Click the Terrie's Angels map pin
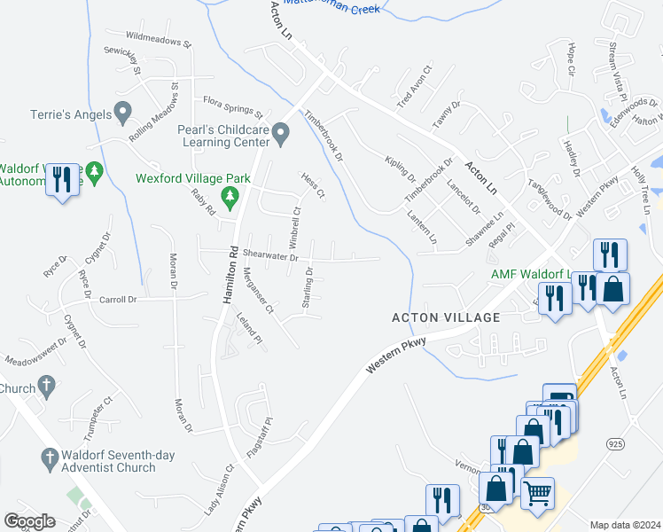point(123,113)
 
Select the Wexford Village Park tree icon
point(230,197)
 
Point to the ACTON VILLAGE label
point(447,317)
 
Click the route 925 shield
point(613,442)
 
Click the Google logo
point(29,521)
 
